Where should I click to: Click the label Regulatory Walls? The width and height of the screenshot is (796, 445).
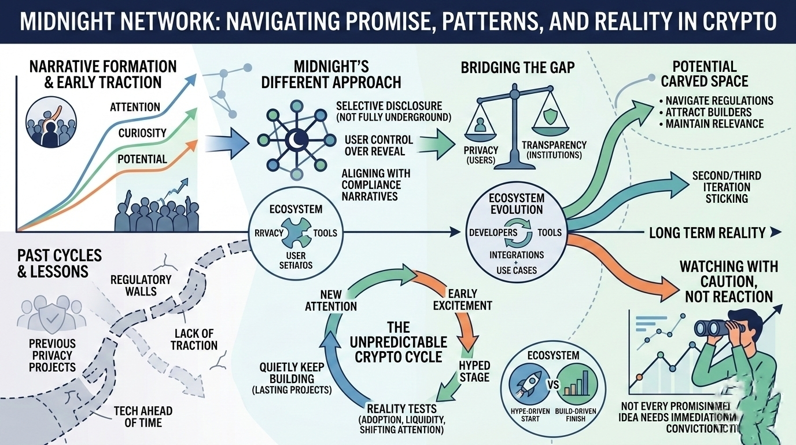pos(141,284)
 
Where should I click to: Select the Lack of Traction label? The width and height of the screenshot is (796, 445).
pos(194,339)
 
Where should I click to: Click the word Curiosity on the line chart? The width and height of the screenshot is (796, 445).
pos(143,134)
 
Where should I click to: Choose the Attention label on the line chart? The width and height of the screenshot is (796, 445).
pos(135,107)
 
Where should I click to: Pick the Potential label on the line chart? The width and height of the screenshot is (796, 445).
pos(142,159)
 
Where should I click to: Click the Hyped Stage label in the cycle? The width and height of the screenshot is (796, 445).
pos(474,371)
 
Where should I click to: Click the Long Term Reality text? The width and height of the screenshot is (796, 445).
pos(707,233)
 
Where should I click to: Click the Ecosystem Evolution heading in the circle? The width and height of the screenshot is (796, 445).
pos(517,203)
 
